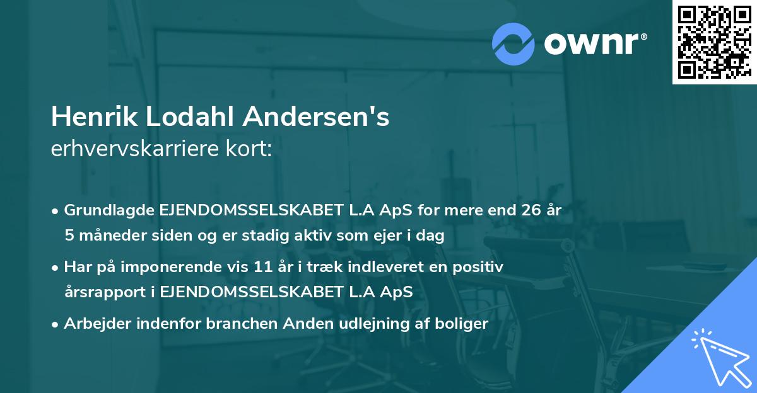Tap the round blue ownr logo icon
point(513,43)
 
